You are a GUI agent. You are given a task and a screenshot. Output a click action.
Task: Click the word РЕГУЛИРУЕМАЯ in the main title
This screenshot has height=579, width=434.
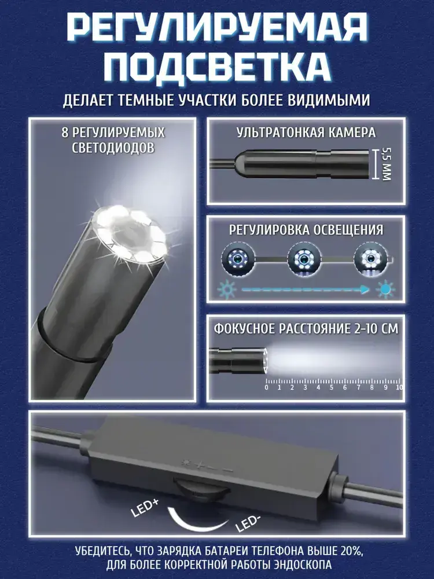click(x=217, y=29)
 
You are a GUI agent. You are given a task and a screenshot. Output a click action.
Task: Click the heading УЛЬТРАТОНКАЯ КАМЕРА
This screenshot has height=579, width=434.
click(x=306, y=132)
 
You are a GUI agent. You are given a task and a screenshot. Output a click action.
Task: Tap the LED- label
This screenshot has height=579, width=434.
click(x=248, y=523)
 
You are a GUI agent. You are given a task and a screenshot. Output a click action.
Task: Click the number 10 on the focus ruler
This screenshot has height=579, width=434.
click(x=399, y=387)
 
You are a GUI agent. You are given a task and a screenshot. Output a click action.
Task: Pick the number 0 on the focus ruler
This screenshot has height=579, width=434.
click(x=266, y=387)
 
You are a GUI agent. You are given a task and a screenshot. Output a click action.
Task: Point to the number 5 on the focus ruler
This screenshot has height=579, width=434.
click(x=332, y=387)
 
